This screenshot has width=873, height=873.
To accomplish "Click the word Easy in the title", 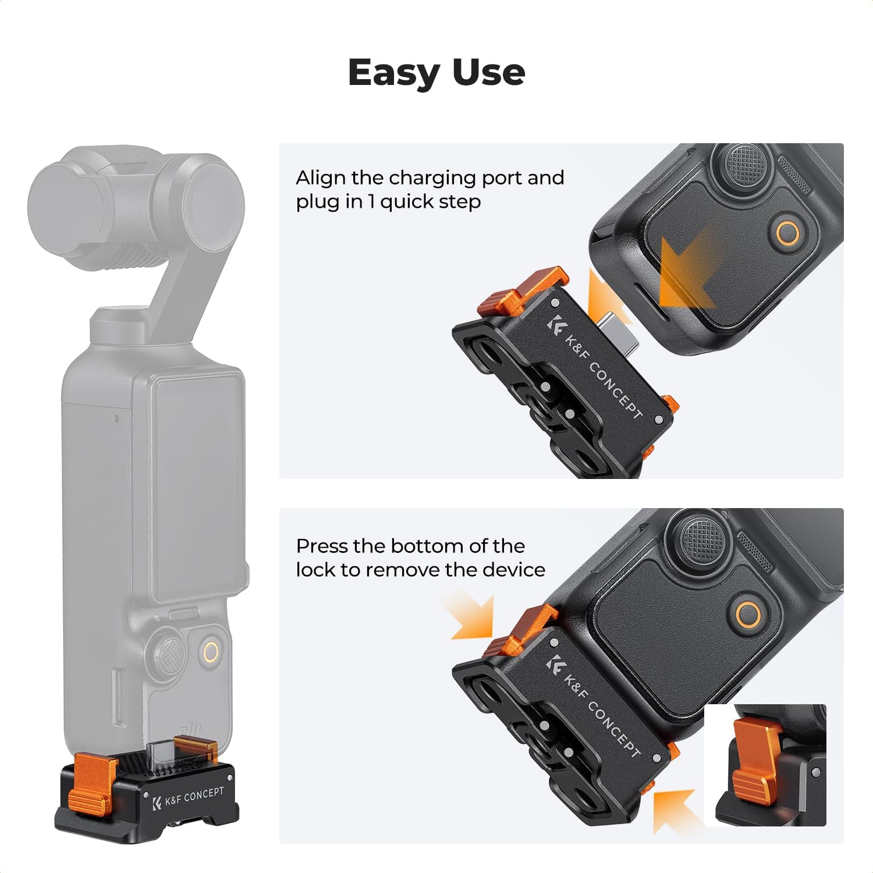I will point(395,73).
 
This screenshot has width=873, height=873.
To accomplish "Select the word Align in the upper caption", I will point(320,178).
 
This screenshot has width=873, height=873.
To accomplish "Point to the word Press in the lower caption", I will point(321,546).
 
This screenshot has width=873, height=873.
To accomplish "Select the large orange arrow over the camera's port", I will point(687,271).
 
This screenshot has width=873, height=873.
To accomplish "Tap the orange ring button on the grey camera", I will point(211,652).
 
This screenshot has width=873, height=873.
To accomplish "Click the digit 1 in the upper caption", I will point(371,202).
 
